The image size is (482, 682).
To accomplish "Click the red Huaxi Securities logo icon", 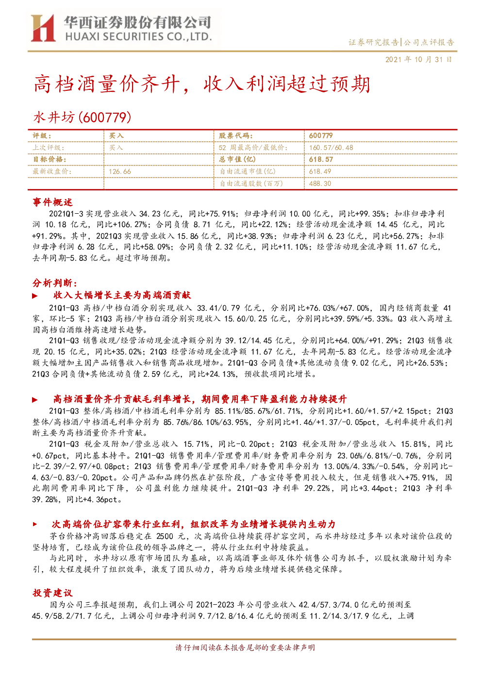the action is pyautogui.click(x=43, y=28).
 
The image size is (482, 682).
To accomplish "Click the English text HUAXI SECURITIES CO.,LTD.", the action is pyautogui.click(x=138, y=36).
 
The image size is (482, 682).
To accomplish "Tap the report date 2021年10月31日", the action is pyautogui.click(x=419, y=59).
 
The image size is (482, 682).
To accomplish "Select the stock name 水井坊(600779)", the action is pyautogui.click(x=82, y=117).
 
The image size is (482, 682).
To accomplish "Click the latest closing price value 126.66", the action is pyautogui.click(x=120, y=171).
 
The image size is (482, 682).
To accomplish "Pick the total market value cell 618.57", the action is pyautogui.click(x=321, y=159).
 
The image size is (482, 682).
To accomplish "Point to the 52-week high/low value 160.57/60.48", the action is pyautogui.click(x=331, y=148).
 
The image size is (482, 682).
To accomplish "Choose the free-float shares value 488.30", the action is pyautogui.click(x=320, y=183).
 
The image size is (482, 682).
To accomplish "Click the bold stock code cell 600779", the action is pyautogui.click(x=321, y=136).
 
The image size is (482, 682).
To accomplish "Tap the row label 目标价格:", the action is pyautogui.click(x=50, y=159).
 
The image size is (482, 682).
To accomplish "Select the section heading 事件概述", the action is pyautogui.click(x=52, y=202).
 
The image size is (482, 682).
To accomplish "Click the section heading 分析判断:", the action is pyautogui.click(x=55, y=283).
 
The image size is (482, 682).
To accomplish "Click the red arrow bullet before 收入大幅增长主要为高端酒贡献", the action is pyautogui.click(x=35, y=296).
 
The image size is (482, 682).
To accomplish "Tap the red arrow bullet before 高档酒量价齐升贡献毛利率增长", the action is pyautogui.click(x=35, y=400).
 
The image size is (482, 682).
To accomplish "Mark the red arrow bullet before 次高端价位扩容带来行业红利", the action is pyautogui.click(x=35, y=524).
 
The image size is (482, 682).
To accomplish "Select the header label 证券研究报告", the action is pyautogui.click(x=373, y=42).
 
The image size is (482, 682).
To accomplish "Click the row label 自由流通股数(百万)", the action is pyautogui.click(x=251, y=183).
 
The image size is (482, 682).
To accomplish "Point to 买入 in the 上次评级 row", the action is pyautogui.click(x=116, y=148).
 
